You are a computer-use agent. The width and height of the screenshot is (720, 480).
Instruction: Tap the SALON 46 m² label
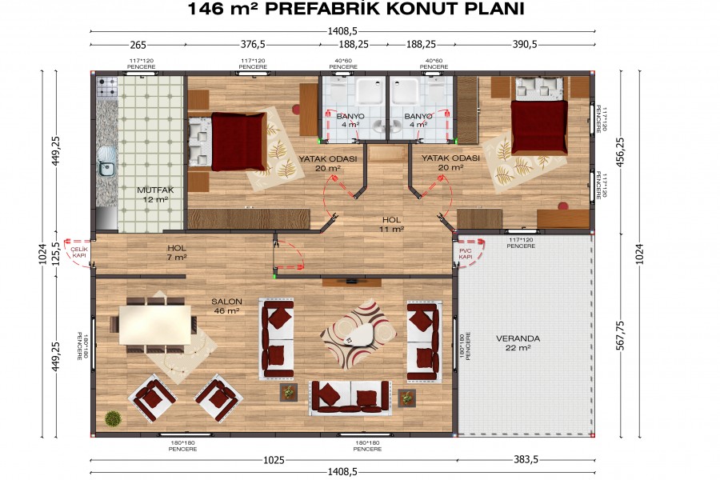226,306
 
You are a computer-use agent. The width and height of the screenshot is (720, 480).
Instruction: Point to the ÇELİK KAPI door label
78,252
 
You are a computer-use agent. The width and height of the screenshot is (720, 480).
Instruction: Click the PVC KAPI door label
466,253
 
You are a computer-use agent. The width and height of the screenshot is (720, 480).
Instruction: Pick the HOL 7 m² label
177,253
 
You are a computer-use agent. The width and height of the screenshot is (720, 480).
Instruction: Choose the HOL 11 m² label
391,224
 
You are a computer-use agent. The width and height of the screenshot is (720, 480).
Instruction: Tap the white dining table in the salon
158,323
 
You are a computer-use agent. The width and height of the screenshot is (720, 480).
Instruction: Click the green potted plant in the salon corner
113,418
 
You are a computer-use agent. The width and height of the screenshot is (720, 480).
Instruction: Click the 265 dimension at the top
138,46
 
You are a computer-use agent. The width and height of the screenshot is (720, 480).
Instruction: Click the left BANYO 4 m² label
350,120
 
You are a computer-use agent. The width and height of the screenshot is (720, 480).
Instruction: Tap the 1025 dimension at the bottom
274,461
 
